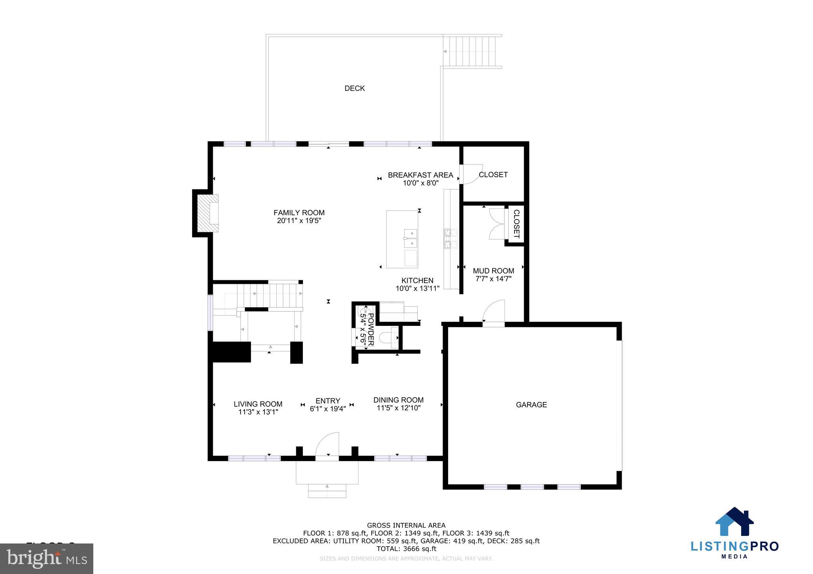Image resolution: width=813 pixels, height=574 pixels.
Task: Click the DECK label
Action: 354,88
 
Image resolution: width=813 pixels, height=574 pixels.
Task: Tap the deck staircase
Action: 473,52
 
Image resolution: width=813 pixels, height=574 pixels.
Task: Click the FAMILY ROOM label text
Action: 299,213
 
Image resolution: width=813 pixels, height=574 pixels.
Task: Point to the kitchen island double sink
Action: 411,238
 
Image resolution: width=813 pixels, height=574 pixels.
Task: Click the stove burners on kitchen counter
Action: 451,238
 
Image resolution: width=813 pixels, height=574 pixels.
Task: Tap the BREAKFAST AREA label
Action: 420,175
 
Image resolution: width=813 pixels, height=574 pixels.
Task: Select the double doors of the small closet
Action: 497,224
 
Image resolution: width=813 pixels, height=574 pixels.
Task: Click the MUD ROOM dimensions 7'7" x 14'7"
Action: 493,279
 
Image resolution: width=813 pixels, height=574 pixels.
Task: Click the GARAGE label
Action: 531,405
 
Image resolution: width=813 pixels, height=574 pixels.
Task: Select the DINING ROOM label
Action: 398,400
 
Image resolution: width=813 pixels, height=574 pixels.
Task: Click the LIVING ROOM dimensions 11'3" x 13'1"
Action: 258,412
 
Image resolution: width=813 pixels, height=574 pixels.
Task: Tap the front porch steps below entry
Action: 327,491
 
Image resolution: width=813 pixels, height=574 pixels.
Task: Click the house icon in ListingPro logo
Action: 734,522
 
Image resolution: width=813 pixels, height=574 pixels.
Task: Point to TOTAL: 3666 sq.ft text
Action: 406,549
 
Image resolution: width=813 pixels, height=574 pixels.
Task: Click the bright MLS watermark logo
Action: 46,559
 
